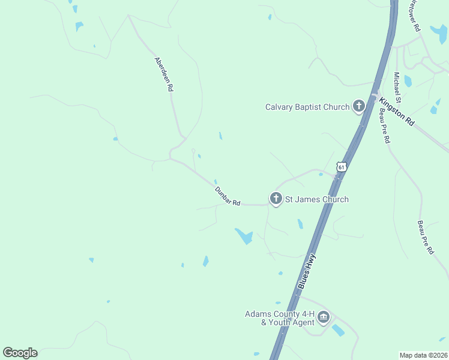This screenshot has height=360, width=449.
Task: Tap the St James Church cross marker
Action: click(x=276, y=199)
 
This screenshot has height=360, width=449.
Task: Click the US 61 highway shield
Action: click(x=341, y=167)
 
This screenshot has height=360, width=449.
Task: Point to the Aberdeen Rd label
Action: click(x=164, y=74)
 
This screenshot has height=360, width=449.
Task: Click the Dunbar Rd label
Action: click(x=228, y=196)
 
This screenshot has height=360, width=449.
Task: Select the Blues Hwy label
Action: click(x=307, y=272)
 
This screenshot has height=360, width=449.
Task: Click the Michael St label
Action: click(x=397, y=86)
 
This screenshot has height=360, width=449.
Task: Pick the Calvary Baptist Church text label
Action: click(x=307, y=107)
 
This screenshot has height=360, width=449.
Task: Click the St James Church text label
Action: click(x=316, y=199)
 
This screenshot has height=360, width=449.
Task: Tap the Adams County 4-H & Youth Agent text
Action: click(x=279, y=318)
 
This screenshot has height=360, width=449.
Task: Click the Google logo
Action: click(x=20, y=353)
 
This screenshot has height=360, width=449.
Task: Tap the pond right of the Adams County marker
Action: click(x=338, y=330)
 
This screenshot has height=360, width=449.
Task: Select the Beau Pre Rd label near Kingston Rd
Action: click(x=384, y=127)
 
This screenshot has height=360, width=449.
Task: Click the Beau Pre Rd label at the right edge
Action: click(x=426, y=238)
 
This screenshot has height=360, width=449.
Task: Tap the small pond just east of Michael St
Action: click(x=408, y=81)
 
